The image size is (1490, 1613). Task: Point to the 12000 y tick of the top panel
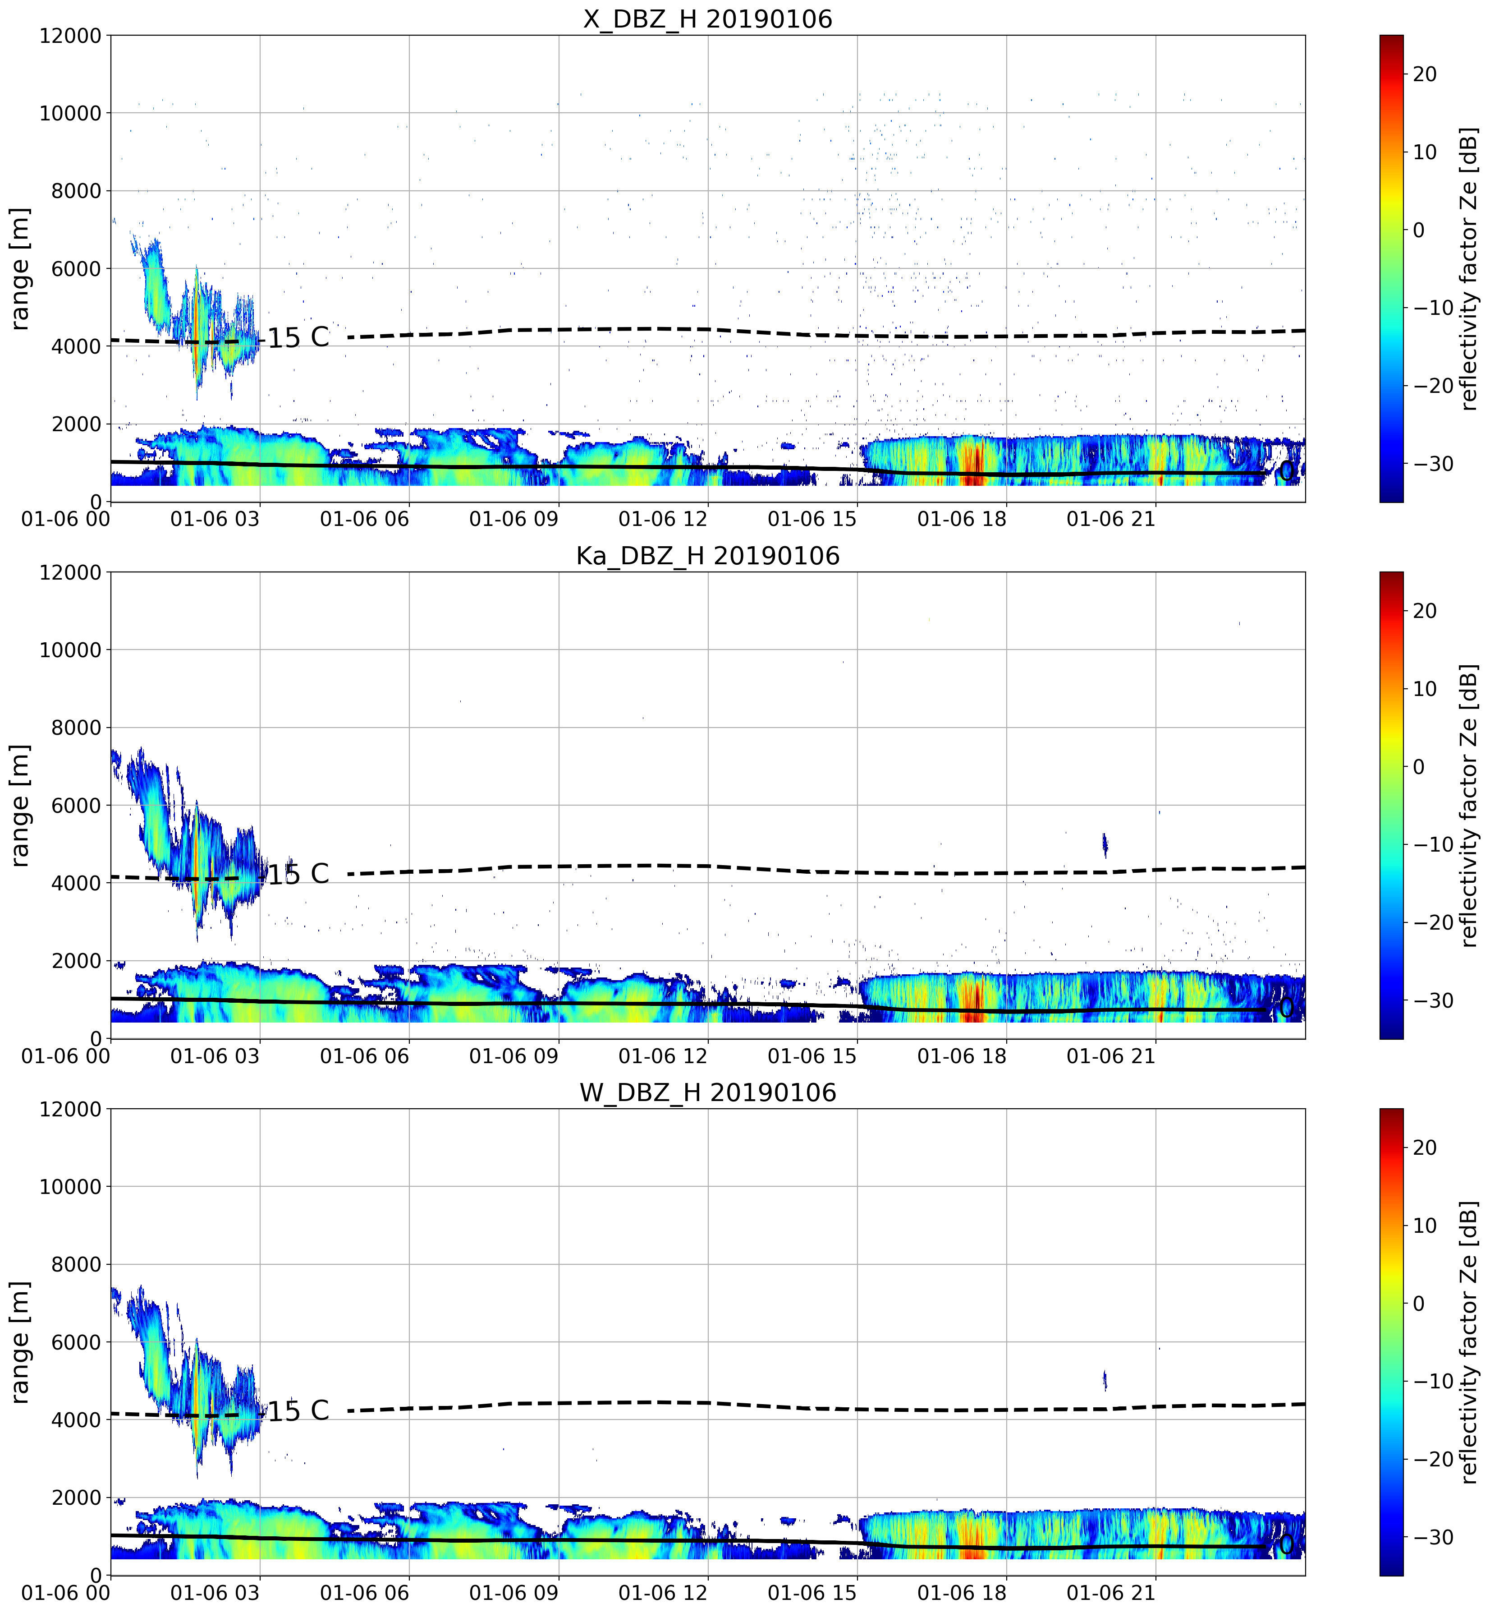(71, 36)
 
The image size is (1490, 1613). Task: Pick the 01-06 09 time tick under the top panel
(513, 519)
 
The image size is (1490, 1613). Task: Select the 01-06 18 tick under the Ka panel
(962, 1055)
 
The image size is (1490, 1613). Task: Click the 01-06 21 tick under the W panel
(1111, 1592)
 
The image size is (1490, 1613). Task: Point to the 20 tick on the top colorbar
(1425, 74)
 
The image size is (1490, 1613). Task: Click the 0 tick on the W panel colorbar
(1419, 1303)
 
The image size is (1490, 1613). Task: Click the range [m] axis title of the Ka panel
(19, 805)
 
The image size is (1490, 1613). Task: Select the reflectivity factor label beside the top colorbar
(1469, 268)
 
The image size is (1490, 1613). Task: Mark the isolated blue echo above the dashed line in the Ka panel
(1105, 845)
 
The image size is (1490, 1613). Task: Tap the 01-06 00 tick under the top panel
(66, 519)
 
